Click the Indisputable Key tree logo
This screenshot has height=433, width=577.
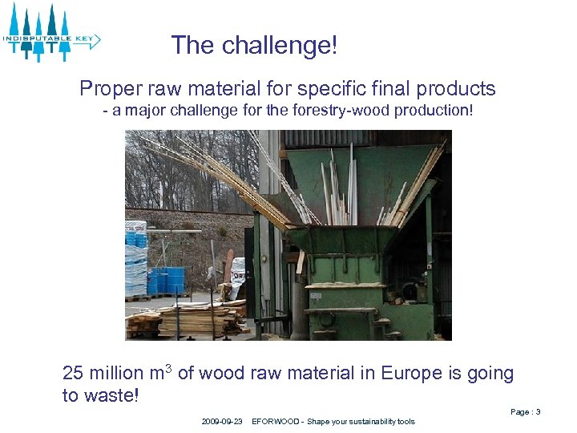[x=50, y=33]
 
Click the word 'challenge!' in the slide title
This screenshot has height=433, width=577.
[x=280, y=46]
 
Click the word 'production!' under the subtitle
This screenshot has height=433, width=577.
[x=433, y=110]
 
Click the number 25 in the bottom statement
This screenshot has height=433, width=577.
[x=73, y=374]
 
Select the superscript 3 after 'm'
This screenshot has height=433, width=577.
[x=169, y=368]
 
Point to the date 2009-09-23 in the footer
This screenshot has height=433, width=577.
[x=222, y=422]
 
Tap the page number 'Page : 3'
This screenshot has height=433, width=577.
[x=525, y=412]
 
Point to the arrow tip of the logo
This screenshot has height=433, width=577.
[x=97, y=38]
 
